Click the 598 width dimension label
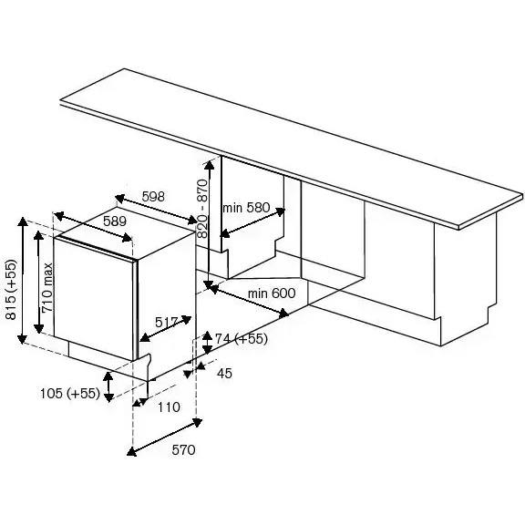pyautogui.click(x=153, y=197)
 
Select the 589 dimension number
pyautogui.click(x=115, y=221)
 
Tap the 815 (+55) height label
pyautogui.click(x=11, y=289)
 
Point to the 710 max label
pyautogui.click(x=46, y=288)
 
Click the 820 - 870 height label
pyautogui.click(x=202, y=208)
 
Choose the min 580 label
pyautogui.click(x=246, y=208)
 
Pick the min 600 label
pyautogui.click(x=272, y=293)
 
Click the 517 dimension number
pyautogui.click(x=167, y=323)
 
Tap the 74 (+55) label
pyautogui.click(x=241, y=338)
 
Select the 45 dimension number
pyautogui.click(x=224, y=374)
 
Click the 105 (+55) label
pyautogui.click(x=70, y=393)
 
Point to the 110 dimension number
pyautogui.click(x=169, y=407)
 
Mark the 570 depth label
pyautogui.click(x=183, y=449)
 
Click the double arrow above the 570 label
pyautogui.click(x=164, y=437)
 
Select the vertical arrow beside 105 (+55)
pyautogui.click(x=108, y=386)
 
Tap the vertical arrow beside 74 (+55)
pyautogui.click(x=208, y=343)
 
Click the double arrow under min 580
pyautogui.click(x=252, y=223)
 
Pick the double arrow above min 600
pyautogui.click(x=246, y=299)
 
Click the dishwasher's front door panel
pyautogui.click(x=93, y=299)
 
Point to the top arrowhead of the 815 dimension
pyautogui.click(x=23, y=221)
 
